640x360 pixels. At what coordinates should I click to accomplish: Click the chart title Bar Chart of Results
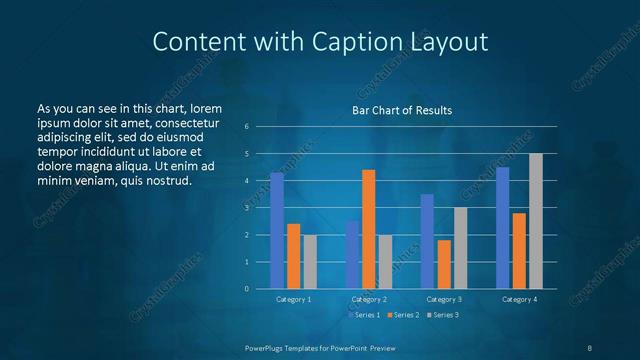point(402,110)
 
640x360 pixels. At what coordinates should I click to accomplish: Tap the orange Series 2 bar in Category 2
point(368,229)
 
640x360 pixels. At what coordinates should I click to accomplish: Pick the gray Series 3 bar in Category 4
point(536,221)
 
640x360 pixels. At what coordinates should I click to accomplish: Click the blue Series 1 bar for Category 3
point(427,241)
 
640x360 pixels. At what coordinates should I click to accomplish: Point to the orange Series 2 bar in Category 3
point(444,264)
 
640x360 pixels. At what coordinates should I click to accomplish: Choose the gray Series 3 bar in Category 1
point(310,261)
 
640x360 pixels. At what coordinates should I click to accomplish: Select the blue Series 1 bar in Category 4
point(503,227)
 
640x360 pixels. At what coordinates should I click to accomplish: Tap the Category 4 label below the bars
point(519,299)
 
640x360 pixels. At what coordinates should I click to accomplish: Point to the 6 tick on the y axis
point(260,127)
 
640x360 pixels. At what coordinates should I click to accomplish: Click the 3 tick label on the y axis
point(260,208)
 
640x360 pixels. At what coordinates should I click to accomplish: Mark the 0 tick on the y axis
point(260,289)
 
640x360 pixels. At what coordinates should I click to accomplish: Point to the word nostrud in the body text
point(167,180)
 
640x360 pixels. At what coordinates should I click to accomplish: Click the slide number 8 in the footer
point(590,347)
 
